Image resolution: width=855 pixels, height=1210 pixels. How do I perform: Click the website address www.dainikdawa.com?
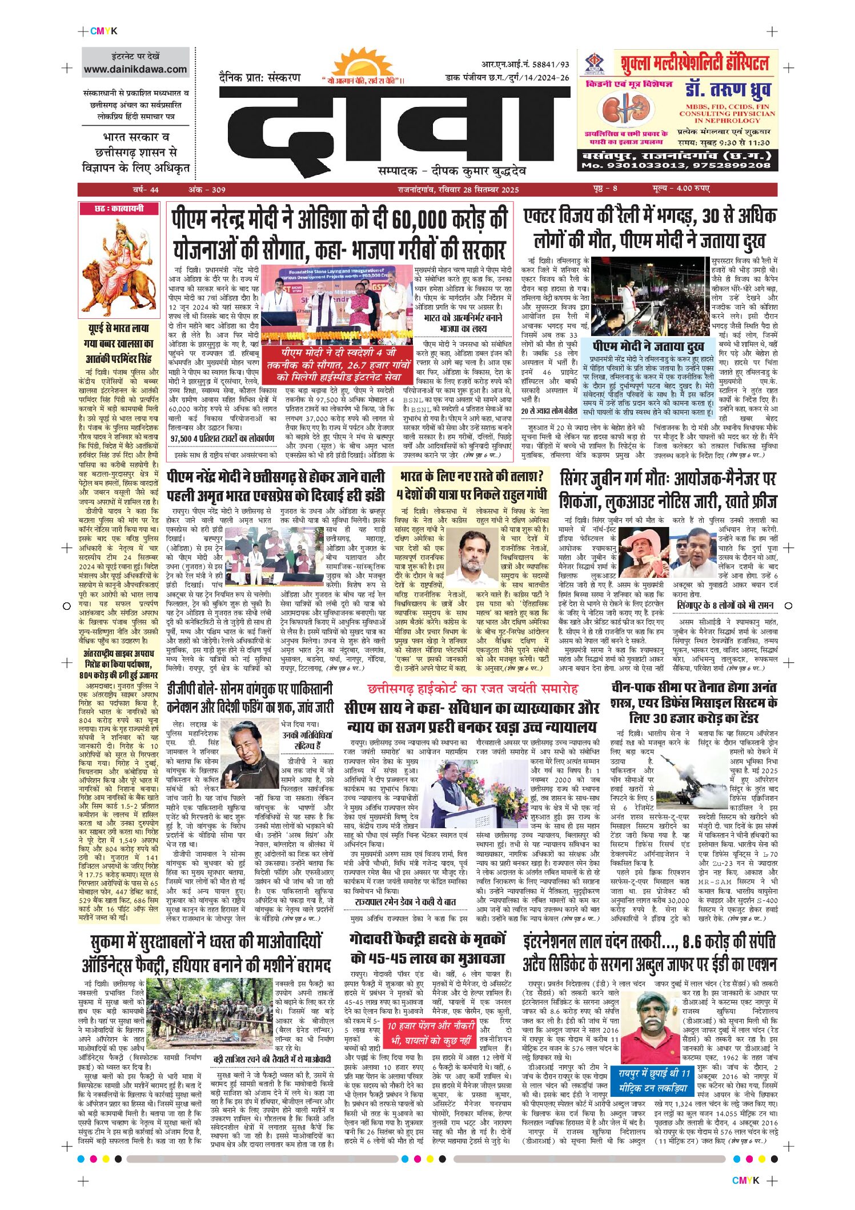click(135, 70)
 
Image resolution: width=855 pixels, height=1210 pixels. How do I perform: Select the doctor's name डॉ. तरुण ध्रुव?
click(728, 90)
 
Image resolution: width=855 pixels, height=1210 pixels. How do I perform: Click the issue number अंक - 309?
click(207, 190)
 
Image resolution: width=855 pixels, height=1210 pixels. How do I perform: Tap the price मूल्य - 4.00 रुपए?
click(681, 189)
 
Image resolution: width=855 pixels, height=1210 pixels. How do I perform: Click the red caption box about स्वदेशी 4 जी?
click(345, 365)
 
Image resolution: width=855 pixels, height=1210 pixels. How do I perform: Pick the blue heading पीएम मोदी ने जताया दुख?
click(648, 347)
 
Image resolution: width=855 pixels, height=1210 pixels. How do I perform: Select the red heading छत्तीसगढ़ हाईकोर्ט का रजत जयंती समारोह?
click(473, 688)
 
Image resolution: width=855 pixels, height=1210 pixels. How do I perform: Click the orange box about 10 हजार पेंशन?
click(429, 1033)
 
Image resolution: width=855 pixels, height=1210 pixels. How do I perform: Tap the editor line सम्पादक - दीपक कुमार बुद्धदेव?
click(452, 171)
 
